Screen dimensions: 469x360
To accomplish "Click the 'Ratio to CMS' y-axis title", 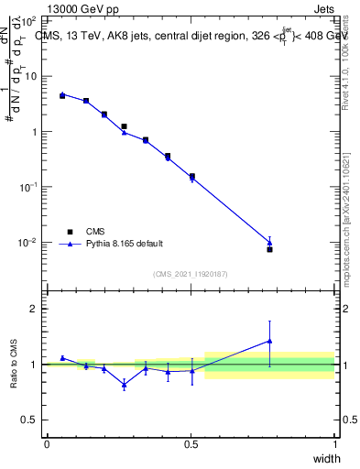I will pyautogui.click(x=13, y=364).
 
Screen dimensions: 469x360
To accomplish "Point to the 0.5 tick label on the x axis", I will pyautogui.click(x=191, y=445).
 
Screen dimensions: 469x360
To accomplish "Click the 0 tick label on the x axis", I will pyautogui.click(x=47, y=445).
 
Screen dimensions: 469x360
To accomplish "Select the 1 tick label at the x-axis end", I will pyautogui.click(x=335, y=445).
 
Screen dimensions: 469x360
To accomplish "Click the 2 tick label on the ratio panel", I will pyautogui.click(x=34, y=310).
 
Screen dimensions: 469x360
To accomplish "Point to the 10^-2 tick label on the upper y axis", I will pyautogui.click(x=27, y=243).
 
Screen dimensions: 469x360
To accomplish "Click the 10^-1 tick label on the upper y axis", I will pyautogui.click(x=27, y=187).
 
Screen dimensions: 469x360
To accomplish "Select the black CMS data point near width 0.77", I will pyautogui.click(x=269, y=249).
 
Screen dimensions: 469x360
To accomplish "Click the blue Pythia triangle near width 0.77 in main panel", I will pyautogui.click(x=269, y=243).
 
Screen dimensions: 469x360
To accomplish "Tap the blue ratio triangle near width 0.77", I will pyautogui.click(x=269, y=341).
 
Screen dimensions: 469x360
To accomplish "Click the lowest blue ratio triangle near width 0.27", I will pyautogui.click(x=124, y=385).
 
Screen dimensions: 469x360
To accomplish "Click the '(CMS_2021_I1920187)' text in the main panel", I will pyautogui.click(x=191, y=273).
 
